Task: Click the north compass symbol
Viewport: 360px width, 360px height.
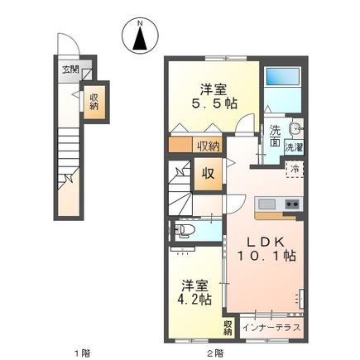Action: [x=140, y=34]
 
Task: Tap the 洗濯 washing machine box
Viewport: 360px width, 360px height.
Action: [x=294, y=146]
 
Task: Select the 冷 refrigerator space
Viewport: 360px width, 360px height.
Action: [x=293, y=169]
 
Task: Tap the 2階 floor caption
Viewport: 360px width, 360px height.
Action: [x=214, y=353]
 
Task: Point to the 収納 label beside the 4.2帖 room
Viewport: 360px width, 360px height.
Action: [x=228, y=327]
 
